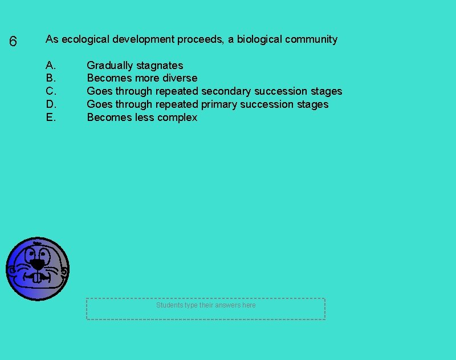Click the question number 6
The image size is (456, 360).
13,42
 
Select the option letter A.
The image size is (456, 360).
50,65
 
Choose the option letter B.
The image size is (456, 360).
50,78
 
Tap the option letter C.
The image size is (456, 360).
51,91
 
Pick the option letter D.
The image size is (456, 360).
51,104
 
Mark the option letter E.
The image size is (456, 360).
50,118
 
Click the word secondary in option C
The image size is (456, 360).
226,91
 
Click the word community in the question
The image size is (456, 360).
311,39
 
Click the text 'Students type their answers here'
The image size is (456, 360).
206,305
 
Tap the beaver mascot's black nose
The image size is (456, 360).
37,264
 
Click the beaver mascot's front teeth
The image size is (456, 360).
38,278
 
